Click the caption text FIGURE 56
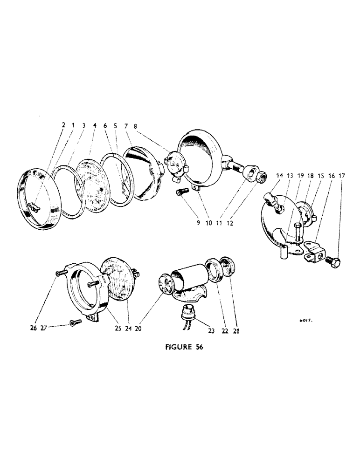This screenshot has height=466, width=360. point(180,347)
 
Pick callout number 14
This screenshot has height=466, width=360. point(279,176)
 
